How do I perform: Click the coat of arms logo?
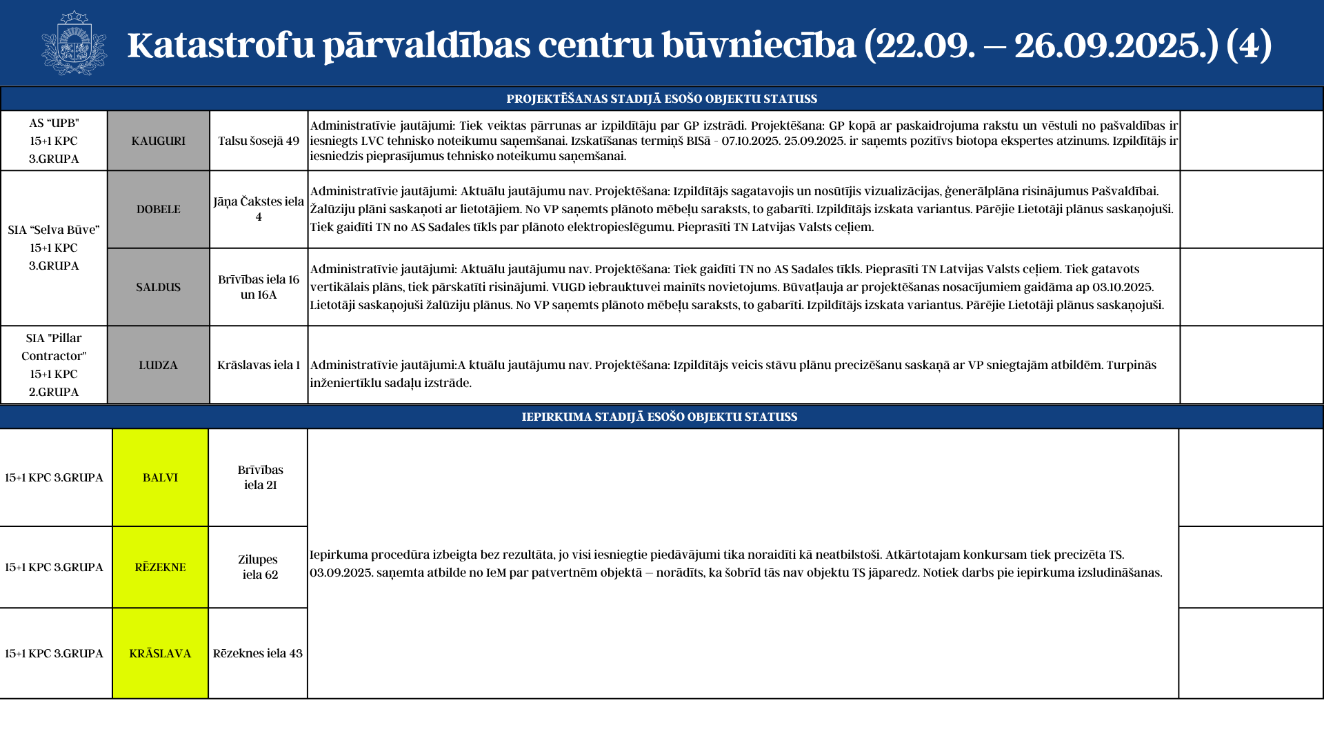[74, 43]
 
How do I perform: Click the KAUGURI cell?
[159, 141]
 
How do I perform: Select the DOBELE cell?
[159, 209]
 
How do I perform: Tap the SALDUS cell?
[159, 287]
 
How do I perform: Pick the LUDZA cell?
[159, 365]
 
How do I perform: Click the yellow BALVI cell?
[160, 477]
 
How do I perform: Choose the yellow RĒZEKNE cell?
[160, 567]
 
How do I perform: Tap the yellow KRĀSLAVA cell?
[160, 653]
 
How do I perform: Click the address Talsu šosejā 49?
[259, 141]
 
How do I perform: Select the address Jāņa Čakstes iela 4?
[259, 209]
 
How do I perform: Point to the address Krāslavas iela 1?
[259, 365]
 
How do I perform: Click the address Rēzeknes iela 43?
[258, 653]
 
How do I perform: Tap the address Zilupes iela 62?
[259, 567]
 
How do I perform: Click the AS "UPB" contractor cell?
[54, 141]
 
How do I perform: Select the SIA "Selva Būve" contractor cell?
[54, 248]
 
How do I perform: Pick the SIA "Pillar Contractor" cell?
[54, 365]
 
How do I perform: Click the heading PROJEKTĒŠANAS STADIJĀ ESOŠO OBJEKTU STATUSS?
[661, 99]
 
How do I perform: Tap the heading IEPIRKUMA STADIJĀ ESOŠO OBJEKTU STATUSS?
[659, 417]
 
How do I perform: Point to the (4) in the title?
[1249, 46]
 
